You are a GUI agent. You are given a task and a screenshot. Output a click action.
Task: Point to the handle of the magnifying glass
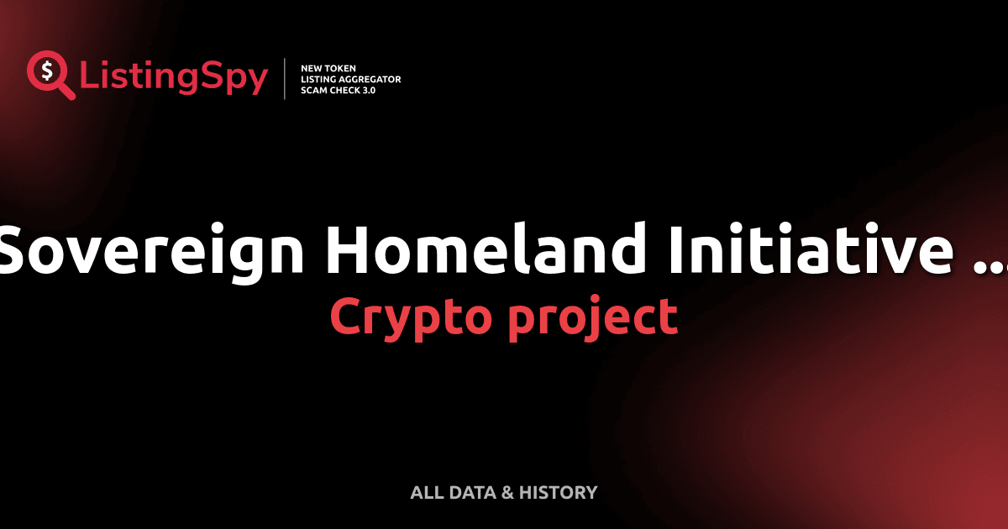(x=66, y=91)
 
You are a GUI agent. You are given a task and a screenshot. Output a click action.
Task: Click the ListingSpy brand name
(x=174, y=77)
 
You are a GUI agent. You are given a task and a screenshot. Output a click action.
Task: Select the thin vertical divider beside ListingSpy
(x=285, y=79)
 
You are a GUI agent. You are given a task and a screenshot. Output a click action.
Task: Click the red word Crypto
(x=409, y=317)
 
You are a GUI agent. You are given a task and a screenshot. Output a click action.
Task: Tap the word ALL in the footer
(x=426, y=493)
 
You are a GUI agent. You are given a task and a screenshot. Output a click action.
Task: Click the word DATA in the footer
(x=471, y=493)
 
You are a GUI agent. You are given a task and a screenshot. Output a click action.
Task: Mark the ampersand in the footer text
(x=508, y=493)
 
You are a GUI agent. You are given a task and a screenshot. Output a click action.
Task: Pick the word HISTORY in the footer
(x=558, y=493)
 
